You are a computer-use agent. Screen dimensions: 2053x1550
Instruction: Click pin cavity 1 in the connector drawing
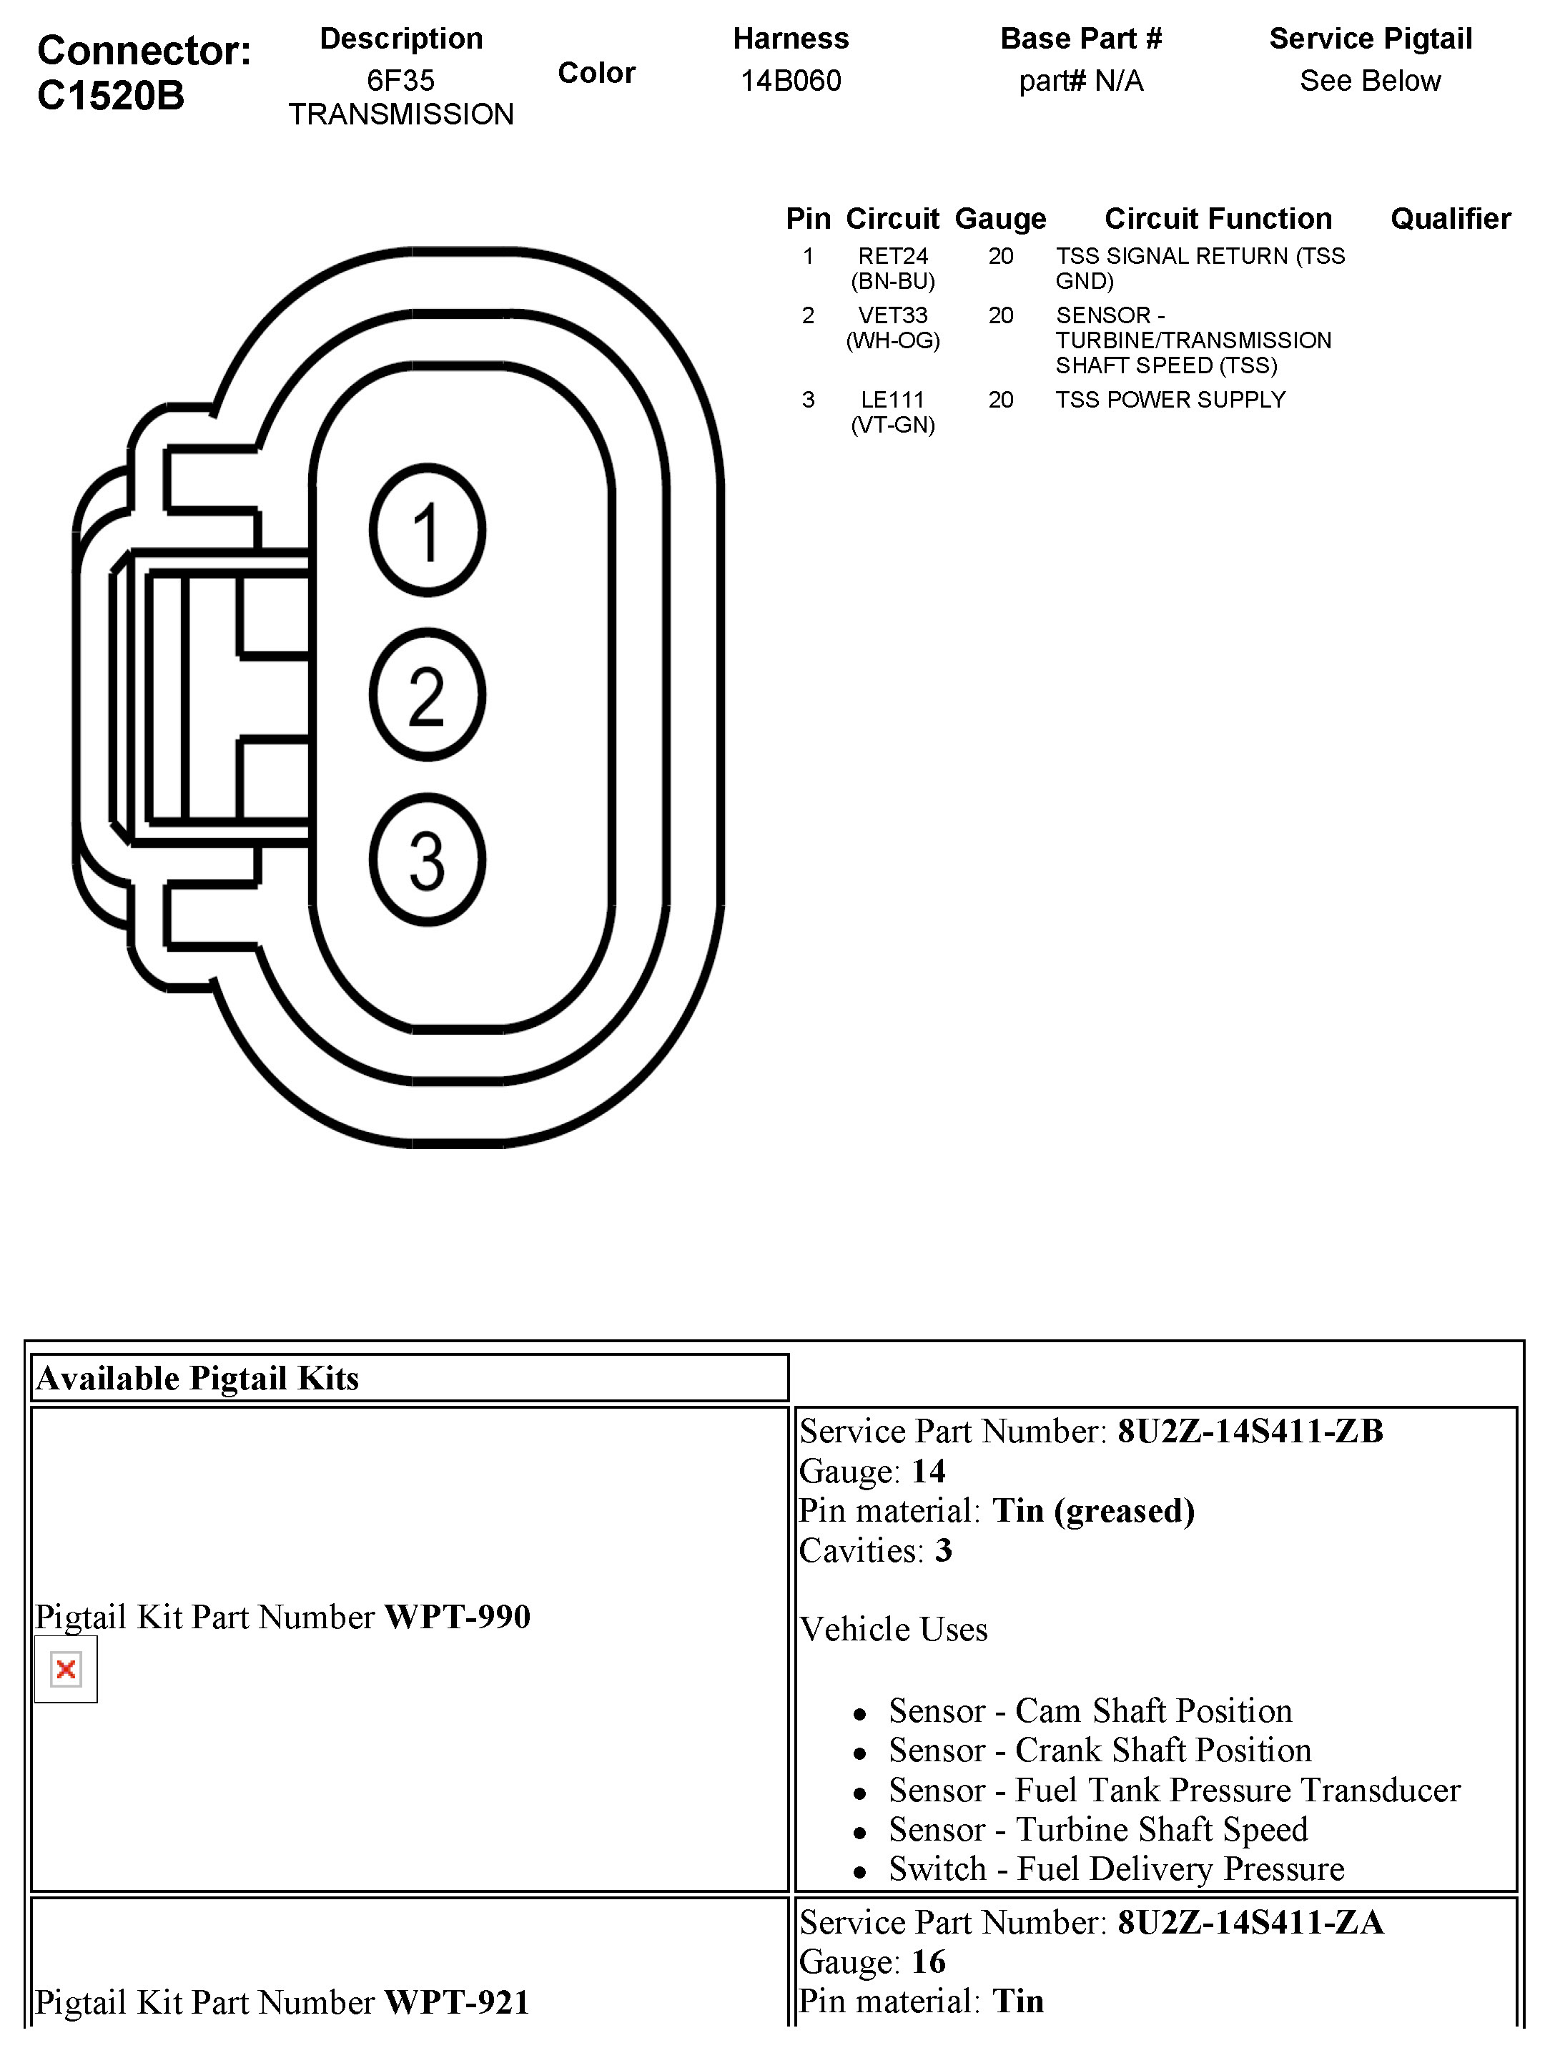coord(427,531)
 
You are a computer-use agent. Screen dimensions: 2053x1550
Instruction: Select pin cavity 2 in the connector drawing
coord(427,695)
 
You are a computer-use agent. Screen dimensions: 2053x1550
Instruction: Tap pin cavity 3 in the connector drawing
coord(427,860)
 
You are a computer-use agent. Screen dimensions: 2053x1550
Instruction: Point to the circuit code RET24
coord(893,256)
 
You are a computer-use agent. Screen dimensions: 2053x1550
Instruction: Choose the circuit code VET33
coord(893,315)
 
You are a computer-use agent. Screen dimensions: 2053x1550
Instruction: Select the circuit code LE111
coord(893,400)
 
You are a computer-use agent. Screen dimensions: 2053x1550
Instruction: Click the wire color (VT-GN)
coord(893,425)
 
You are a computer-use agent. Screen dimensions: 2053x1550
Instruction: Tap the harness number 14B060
coord(791,81)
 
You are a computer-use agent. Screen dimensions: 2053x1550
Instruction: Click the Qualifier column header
coord(1450,219)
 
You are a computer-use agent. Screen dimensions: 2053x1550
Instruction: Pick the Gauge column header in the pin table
coord(999,219)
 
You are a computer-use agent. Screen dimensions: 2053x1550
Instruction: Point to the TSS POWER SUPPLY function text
coord(1170,400)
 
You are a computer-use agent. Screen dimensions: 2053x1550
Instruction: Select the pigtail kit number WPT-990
coord(458,1617)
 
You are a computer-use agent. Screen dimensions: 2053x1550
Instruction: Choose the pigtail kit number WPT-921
coord(458,2002)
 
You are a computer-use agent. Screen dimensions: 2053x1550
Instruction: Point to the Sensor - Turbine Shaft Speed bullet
coord(1098,1829)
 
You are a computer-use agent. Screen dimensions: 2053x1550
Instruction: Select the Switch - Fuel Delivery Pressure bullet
coord(1115,1869)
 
